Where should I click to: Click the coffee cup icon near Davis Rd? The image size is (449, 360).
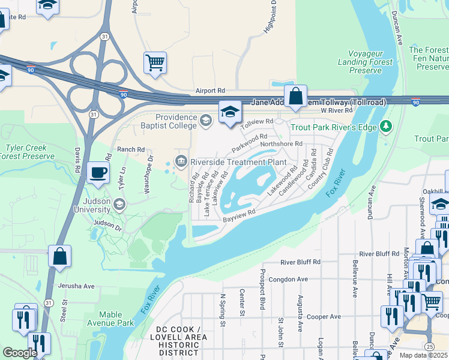(x=98, y=172)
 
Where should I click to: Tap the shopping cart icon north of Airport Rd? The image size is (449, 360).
(x=155, y=62)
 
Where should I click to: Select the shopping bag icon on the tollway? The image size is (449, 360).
(x=296, y=95)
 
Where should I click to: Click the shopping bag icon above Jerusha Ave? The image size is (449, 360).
(x=60, y=256)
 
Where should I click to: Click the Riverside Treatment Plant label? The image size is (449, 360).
(x=236, y=161)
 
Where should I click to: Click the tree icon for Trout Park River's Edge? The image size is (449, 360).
(x=387, y=126)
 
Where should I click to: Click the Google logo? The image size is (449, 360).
(x=20, y=353)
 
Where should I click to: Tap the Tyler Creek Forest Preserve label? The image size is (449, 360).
(x=28, y=152)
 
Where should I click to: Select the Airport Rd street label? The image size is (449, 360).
(x=210, y=91)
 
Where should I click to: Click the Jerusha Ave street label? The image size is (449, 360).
(x=76, y=286)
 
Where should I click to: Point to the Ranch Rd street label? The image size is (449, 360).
(x=131, y=149)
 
